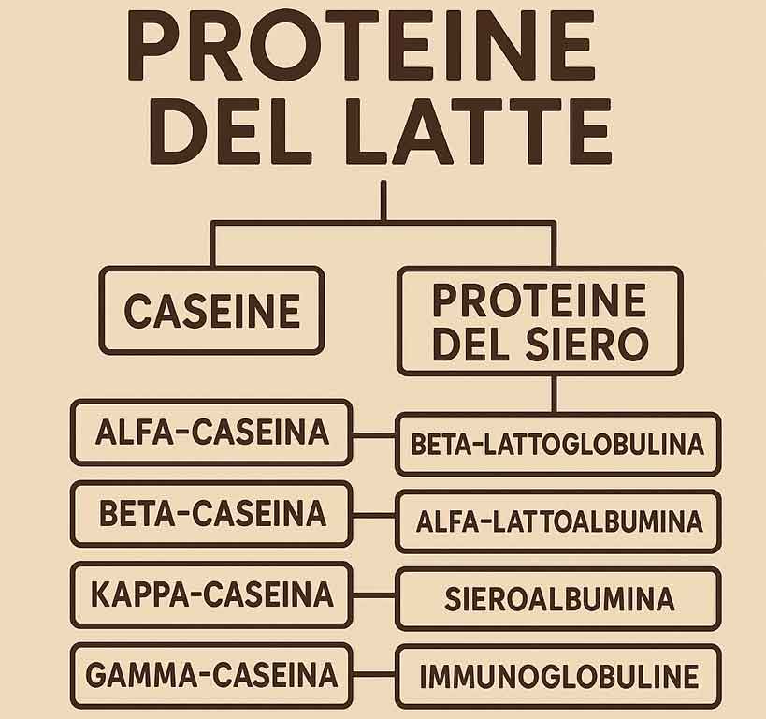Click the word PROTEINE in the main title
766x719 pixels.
point(360,46)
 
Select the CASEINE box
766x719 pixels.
point(211,311)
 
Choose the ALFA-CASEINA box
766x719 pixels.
point(211,433)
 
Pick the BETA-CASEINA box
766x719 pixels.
point(211,514)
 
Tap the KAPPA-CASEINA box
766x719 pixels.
point(211,594)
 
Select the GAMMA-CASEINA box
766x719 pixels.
point(211,675)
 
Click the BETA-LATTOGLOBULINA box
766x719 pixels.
point(557,444)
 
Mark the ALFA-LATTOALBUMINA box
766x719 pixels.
point(557,521)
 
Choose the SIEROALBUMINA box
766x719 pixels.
point(557,598)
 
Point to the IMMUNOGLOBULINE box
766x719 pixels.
point(557,676)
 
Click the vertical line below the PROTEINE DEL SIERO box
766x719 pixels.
point(554,393)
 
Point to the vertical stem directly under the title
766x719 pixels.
point(383,200)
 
